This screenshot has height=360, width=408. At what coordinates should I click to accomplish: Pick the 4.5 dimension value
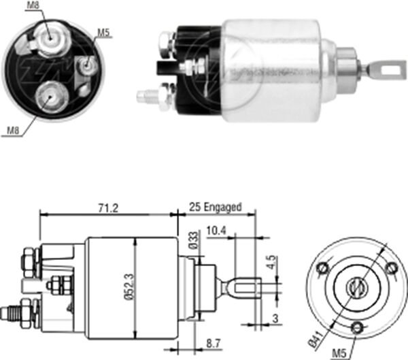pos(271,261)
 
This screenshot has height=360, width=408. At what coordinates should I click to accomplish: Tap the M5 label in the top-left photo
pos(103,32)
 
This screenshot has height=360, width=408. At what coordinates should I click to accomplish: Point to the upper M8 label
pos(32,7)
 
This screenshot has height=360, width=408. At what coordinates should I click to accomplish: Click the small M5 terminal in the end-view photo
pos(86,65)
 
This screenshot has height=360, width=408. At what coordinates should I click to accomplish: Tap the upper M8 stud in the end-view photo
pos(50,40)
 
